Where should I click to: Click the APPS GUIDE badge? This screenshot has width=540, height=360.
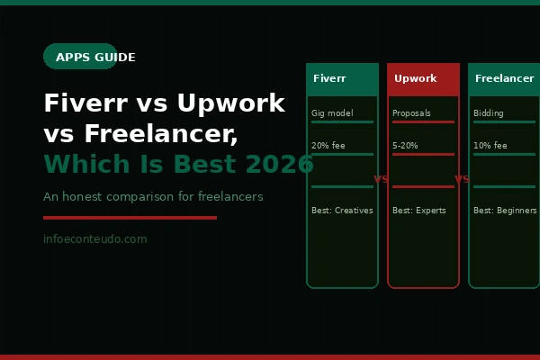(80, 57)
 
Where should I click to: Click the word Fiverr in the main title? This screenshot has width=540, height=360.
(83, 103)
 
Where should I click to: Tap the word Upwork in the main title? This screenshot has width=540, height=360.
(230, 103)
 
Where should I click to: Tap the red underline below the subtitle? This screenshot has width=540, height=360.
(130, 217)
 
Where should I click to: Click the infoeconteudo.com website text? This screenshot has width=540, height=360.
(94, 239)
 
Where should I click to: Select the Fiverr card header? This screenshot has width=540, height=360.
(342, 79)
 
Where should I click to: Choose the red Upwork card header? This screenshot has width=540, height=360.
(423, 79)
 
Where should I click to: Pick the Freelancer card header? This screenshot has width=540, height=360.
(504, 79)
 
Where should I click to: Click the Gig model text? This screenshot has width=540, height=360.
(332, 113)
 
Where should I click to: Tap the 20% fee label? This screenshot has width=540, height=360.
(328, 146)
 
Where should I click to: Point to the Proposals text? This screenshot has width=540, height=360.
(411, 113)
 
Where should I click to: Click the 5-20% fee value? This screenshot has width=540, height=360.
(406, 146)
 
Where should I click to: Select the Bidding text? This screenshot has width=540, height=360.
(489, 113)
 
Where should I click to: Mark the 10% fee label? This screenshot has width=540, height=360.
(490, 146)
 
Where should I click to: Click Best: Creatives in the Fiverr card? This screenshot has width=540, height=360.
(342, 211)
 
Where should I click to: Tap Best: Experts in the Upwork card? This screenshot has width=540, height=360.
(418, 211)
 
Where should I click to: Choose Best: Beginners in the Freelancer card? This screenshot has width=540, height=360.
(505, 211)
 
